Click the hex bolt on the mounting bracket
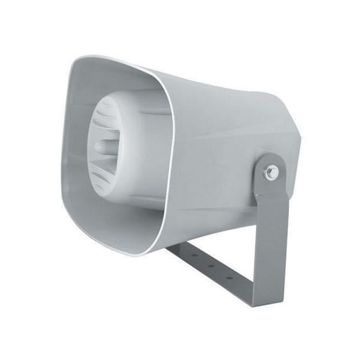point(271,173)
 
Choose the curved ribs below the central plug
point(111,180)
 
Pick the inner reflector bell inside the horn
point(129,150)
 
